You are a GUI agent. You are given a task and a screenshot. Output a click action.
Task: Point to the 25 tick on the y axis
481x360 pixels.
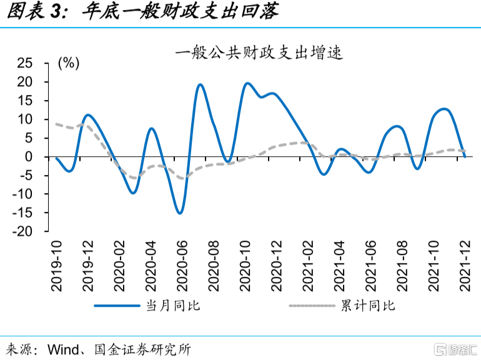24,63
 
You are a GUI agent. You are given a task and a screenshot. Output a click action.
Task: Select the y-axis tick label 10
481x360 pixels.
24,119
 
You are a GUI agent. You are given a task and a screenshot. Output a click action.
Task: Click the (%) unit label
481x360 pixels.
68,63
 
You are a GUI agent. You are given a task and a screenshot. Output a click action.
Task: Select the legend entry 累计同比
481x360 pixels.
368,306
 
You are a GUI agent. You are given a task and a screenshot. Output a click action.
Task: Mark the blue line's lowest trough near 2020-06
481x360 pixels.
180,213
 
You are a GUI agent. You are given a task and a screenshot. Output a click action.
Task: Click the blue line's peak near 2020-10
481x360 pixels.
247,83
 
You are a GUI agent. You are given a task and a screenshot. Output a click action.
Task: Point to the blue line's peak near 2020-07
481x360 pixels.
201,84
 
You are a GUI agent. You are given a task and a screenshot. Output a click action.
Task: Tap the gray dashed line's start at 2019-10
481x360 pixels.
56,124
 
